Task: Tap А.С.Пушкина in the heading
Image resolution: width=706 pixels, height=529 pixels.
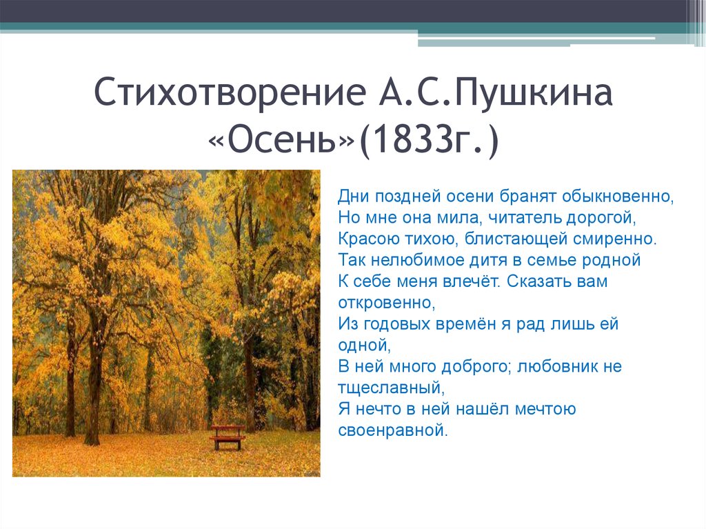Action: tap(495, 92)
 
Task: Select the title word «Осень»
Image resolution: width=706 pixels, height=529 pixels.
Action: tap(281, 140)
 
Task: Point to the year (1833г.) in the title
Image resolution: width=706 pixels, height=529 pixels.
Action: tap(429, 141)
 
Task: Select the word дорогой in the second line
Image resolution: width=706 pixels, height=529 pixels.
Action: tap(601, 219)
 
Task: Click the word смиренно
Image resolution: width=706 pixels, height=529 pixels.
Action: tap(614, 239)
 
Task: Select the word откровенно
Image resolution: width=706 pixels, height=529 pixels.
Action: tap(387, 303)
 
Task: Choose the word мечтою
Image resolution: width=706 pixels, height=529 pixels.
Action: tap(545, 409)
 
